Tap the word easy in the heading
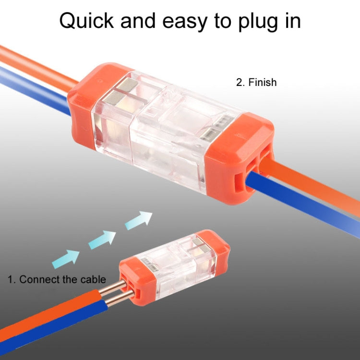click(183, 21)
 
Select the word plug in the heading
click(261, 22)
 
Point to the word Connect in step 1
click(39, 279)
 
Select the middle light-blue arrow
click(102, 239)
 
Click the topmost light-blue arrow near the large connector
click(139, 220)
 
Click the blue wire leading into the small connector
click(53, 326)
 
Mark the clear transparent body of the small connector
click(178, 262)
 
